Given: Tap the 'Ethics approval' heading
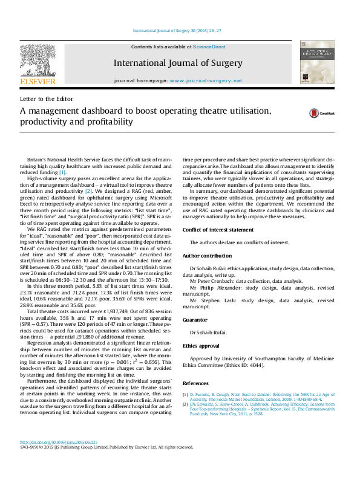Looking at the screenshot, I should coord(201,346).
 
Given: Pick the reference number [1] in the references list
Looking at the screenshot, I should coord(185,394).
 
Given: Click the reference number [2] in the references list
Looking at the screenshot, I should coord(185,405).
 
